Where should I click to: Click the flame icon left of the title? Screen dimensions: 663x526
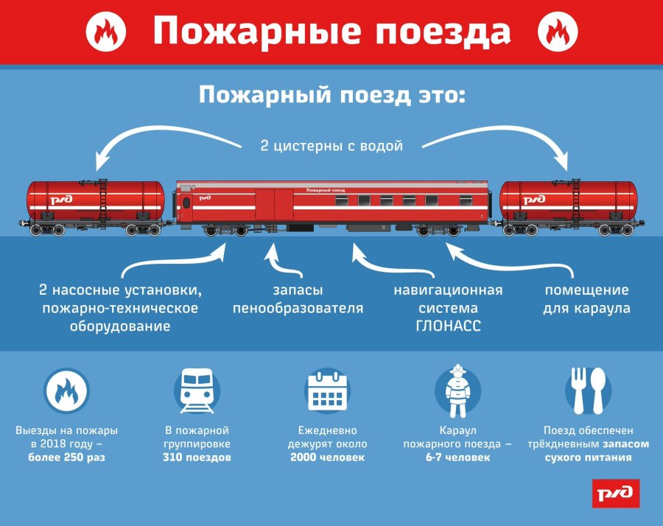pyautogui.click(x=105, y=32)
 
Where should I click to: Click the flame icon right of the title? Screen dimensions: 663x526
pyautogui.click(x=558, y=32)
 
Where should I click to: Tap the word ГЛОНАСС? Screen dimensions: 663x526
pyautogui.click(x=448, y=326)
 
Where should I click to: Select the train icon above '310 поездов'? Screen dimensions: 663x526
pyautogui.click(x=197, y=390)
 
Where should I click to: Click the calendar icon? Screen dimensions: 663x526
pyautogui.click(x=327, y=390)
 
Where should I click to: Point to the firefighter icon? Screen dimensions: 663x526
pyautogui.click(x=457, y=390)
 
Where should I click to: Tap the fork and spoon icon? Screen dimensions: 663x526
pyautogui.click(x=588, y=390)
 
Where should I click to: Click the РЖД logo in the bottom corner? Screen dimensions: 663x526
pyautogui.click(x=616, y=493)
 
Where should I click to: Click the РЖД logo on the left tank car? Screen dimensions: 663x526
pyautogui.click(x=61, y=200)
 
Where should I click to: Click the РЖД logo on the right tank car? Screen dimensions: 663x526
pyautogui.click(x=534, y=200)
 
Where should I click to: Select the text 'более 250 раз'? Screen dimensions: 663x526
pyautogui.click(x=66, y=457)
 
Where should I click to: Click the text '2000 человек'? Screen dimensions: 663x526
pyautogui.click(x=327, y=457)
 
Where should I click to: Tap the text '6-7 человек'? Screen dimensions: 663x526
pyautogui.click(x=457, y=457)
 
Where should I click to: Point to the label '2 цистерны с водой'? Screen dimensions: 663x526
pyautogui.click(x=331, y=146)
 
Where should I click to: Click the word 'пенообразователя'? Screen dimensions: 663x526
pyautogui.click(x=298, y=308)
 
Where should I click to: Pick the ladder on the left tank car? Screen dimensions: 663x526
pyautogui.click(x=102, y=202)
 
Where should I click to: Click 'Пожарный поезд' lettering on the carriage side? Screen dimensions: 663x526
pyautogui.click(x=326, y=190)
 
